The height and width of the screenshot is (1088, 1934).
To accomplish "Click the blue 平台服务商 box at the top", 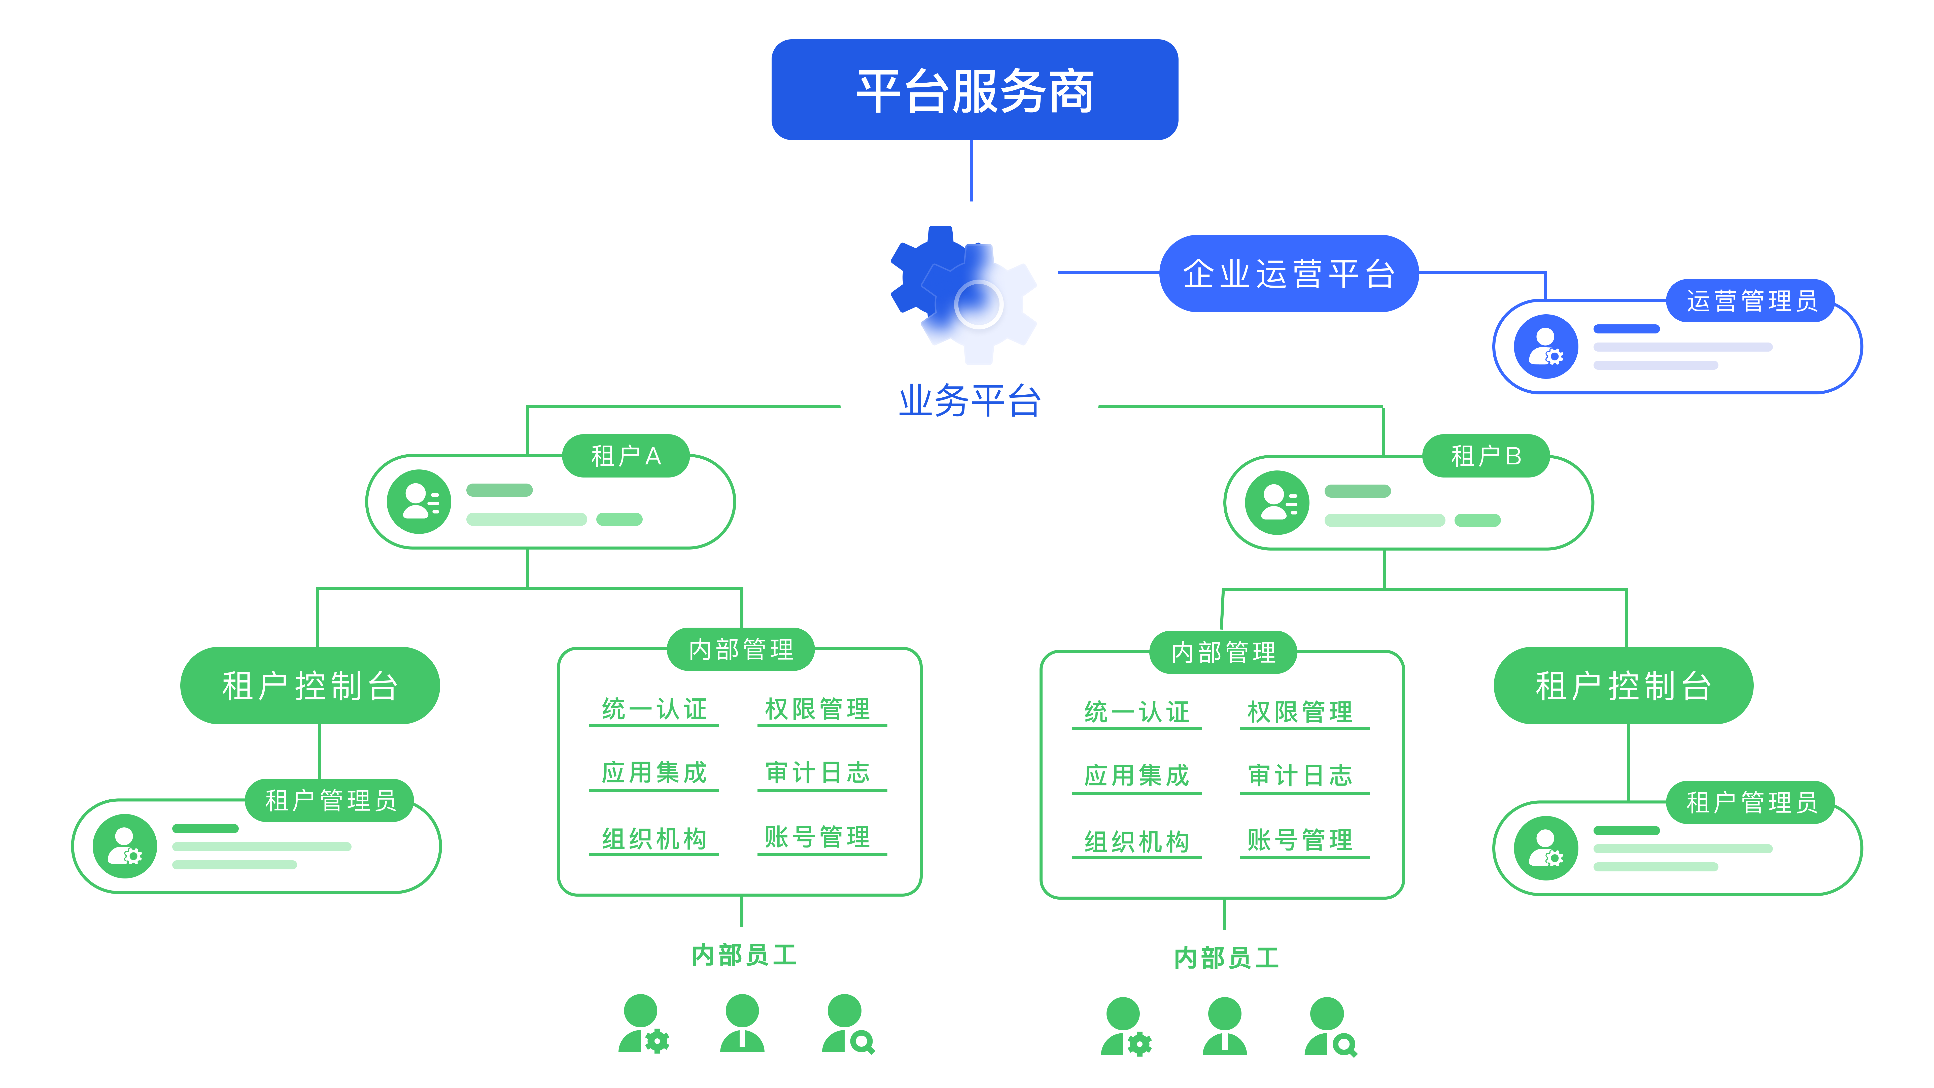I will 975,90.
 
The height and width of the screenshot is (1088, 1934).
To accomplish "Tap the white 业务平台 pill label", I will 969,400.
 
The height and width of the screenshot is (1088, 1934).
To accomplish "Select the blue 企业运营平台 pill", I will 1288,273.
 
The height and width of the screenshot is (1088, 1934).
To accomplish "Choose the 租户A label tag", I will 625,456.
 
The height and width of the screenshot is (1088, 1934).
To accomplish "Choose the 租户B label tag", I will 1486,456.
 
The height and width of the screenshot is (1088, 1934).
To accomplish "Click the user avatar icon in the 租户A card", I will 419,502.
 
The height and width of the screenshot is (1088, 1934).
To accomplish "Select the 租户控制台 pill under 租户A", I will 310,686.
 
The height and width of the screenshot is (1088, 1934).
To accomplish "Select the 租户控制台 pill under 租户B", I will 1623,686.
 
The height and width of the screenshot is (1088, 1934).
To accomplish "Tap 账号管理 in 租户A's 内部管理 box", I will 818,837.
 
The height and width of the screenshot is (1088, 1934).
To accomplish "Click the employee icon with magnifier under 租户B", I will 1330,1027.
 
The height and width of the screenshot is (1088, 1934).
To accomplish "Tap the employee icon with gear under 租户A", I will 643,1024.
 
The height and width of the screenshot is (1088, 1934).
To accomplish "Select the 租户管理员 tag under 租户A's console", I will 330,800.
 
